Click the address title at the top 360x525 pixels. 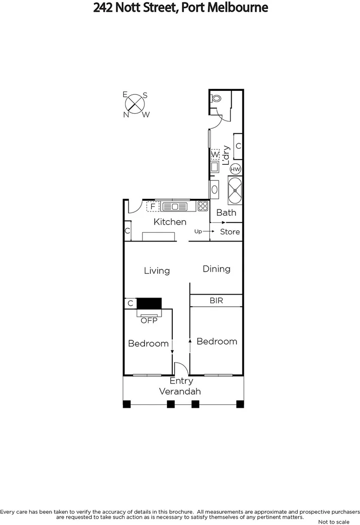[180, 8]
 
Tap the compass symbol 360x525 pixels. [135, 104]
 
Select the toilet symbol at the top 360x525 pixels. [216, 98]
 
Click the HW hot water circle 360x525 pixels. [235, 169]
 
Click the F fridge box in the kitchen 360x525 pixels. [153, 207]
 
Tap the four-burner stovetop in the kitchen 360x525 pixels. [203, 206]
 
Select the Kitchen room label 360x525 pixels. [170, 222]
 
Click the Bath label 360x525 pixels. [226, 212]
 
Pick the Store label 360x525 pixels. [230, 232]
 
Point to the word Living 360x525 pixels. [157, 271]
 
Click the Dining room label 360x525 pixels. [216, 269]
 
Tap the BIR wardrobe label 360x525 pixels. [216, 301]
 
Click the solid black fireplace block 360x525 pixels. [149, 303]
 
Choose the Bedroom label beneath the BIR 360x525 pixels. [216, 341]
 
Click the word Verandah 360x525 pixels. [180, 391]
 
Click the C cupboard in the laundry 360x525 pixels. [238, 146]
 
